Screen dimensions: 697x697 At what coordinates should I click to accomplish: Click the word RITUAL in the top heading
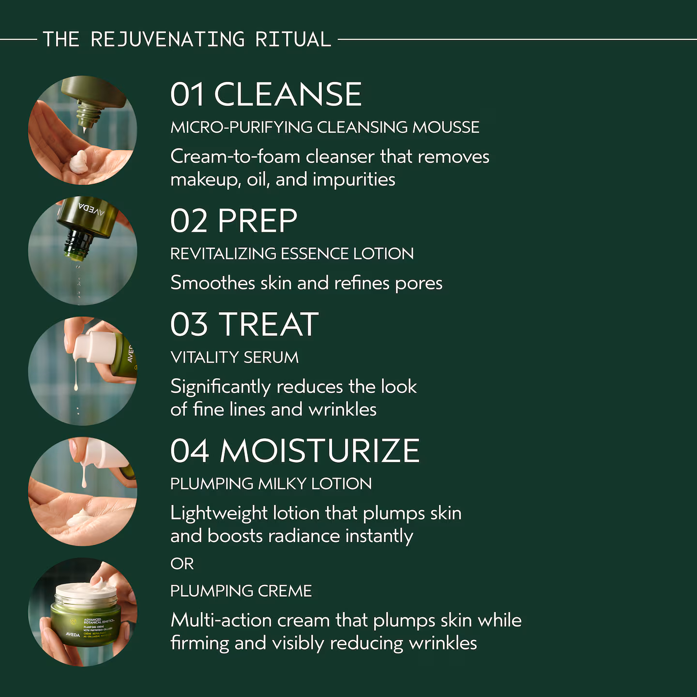[x=293, y=39]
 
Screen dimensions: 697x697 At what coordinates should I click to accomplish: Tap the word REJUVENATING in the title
[x=168, y=39]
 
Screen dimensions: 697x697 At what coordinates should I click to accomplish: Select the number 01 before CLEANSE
[x=187, y=94]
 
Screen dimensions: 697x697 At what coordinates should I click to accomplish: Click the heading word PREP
[x=257, y=221]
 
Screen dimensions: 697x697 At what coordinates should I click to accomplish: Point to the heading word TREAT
[x=269, y=324]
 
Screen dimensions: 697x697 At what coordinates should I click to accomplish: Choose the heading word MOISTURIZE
[x=320, y=451]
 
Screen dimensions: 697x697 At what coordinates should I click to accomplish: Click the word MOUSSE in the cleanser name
[x=446, y=127]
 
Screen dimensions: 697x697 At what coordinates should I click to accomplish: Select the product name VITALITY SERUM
[x=234, y=357]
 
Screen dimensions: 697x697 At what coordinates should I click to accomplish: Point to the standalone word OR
[x=182, y=564]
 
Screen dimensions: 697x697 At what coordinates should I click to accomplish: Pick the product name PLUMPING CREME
[x=241, y=591]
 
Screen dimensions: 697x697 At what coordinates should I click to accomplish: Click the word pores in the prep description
[x=419, y=284]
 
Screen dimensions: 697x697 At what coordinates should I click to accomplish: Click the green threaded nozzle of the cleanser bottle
[x=88, y=113]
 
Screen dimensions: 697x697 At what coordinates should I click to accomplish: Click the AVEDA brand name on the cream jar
[x=73, y=635]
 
